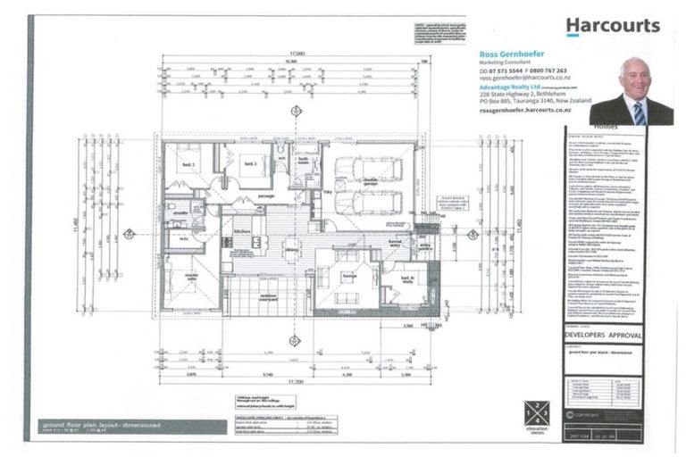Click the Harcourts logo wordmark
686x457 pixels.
(613, 26)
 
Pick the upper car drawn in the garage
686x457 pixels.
(362, 168)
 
